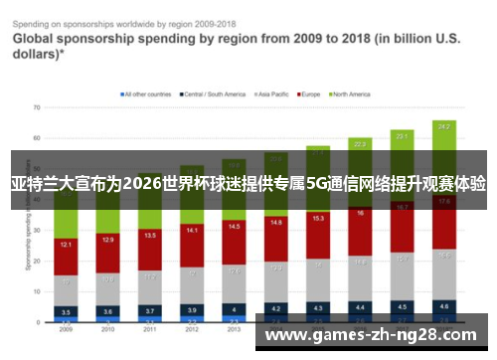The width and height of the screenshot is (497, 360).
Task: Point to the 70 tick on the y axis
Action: (35, 106)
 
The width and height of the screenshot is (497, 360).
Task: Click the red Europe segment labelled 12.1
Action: (67, 245)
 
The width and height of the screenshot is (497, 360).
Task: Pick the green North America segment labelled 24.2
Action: (443, 127)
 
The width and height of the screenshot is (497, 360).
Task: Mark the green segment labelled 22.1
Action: (402, 135)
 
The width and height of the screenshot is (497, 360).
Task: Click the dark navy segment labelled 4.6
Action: (443, 306)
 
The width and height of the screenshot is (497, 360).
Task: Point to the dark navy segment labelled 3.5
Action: (67, 311)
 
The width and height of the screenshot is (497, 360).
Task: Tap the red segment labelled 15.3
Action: (318, 218)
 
